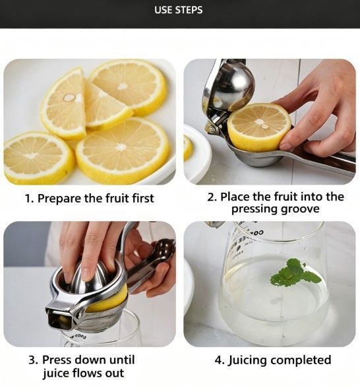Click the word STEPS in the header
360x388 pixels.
pos(189,10)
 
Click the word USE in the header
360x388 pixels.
pos(164,10)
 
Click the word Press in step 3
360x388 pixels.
pos(56,360)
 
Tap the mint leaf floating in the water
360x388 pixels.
pos(294,273)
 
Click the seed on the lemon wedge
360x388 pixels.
pos(69,98)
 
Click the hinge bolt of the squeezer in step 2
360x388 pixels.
pos(211,129)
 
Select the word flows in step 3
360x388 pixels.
pos(88,373)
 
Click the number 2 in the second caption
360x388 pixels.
pos(211,197)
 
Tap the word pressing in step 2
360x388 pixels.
pos(255,210)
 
